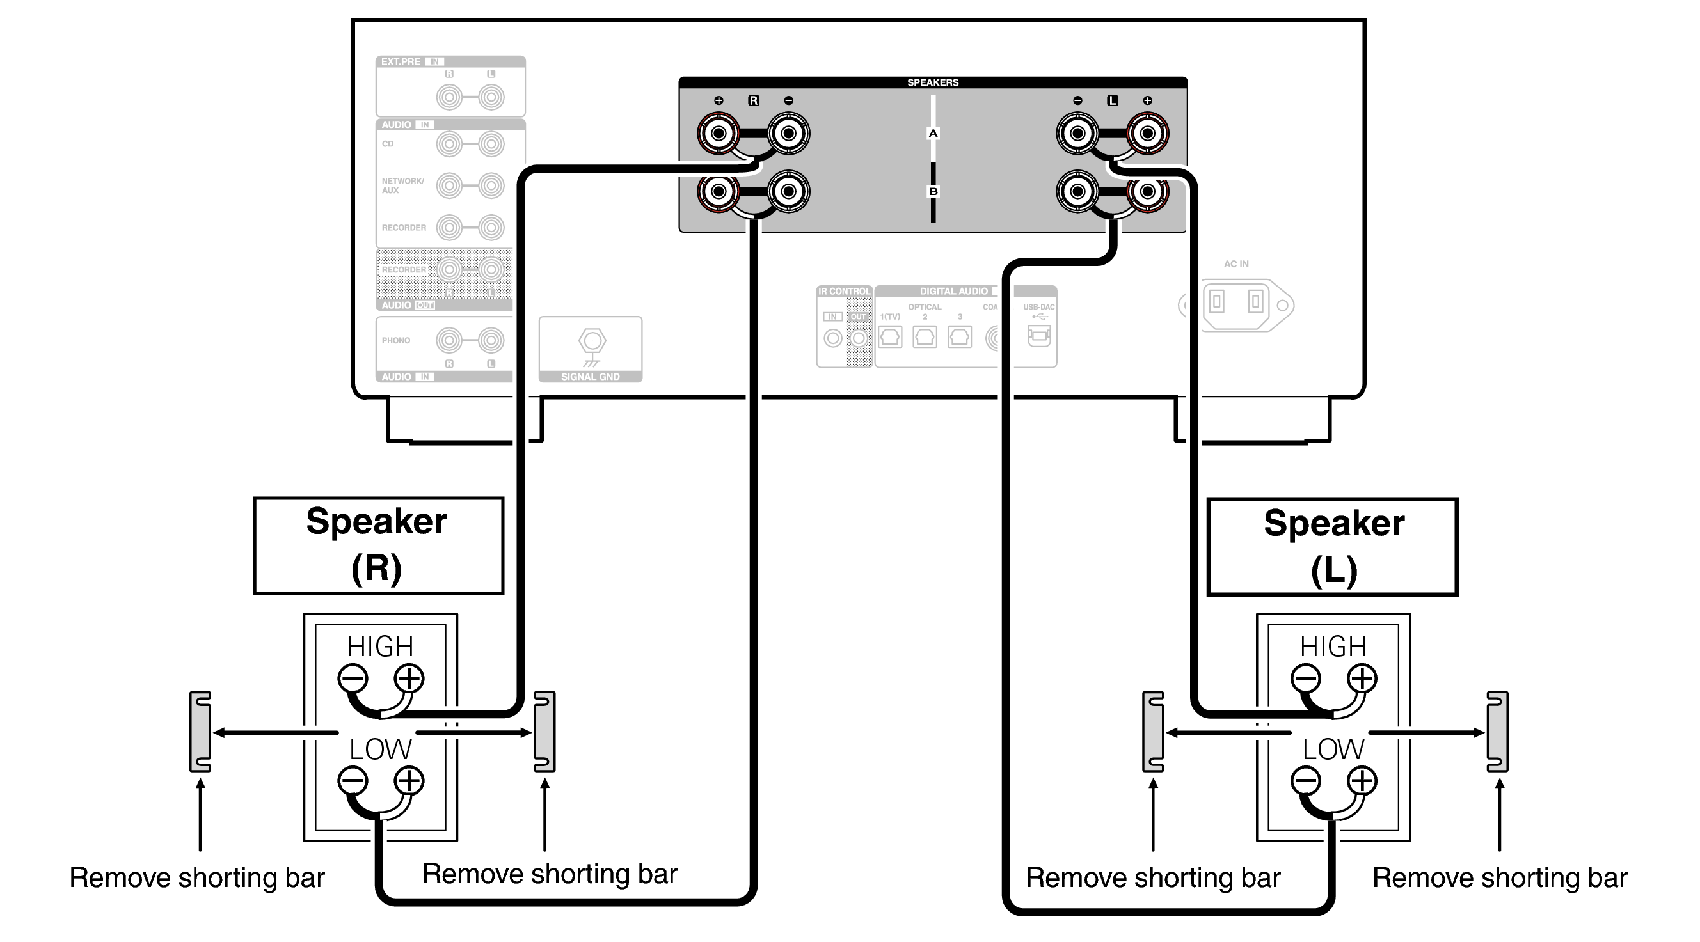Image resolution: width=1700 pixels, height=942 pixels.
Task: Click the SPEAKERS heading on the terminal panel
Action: [x=932, y=82]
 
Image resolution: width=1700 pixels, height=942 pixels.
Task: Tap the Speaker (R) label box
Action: [x=378, y=546]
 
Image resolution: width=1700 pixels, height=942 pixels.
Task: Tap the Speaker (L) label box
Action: [x=1331, y=547]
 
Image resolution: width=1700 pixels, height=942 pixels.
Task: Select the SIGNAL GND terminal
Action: [x=591, y=341]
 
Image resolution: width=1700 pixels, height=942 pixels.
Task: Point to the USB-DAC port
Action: [x=1038, y=335]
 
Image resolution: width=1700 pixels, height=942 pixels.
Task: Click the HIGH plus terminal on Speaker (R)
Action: [x=409, y=678]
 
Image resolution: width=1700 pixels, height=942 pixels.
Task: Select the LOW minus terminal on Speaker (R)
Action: [x=353, y=781]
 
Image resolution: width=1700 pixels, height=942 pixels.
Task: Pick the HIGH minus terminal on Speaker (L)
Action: [x=1305, y=678]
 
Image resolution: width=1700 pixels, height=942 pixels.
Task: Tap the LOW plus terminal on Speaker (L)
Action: [x=1362, y=781]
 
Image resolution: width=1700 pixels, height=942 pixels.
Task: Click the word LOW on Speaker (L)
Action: [x=1331, y=750]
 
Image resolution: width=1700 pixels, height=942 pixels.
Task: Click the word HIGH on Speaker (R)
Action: [x=380, y=646]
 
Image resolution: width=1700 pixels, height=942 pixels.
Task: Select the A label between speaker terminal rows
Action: [x=932, y=133]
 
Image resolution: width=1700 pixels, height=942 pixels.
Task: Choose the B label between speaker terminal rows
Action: [x=932, y=191]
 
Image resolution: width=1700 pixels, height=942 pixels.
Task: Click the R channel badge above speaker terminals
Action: [x=753, y=101]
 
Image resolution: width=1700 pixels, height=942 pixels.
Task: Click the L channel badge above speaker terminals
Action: [x=1112, y=101]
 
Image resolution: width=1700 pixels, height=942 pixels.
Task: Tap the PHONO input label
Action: [x=396, y=340]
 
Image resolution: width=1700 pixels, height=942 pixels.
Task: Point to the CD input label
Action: [x=387, y=144]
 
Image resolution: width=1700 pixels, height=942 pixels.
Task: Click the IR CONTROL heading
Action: [x=843, y=291]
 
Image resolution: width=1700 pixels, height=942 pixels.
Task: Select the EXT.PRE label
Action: [x=401, y=62]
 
